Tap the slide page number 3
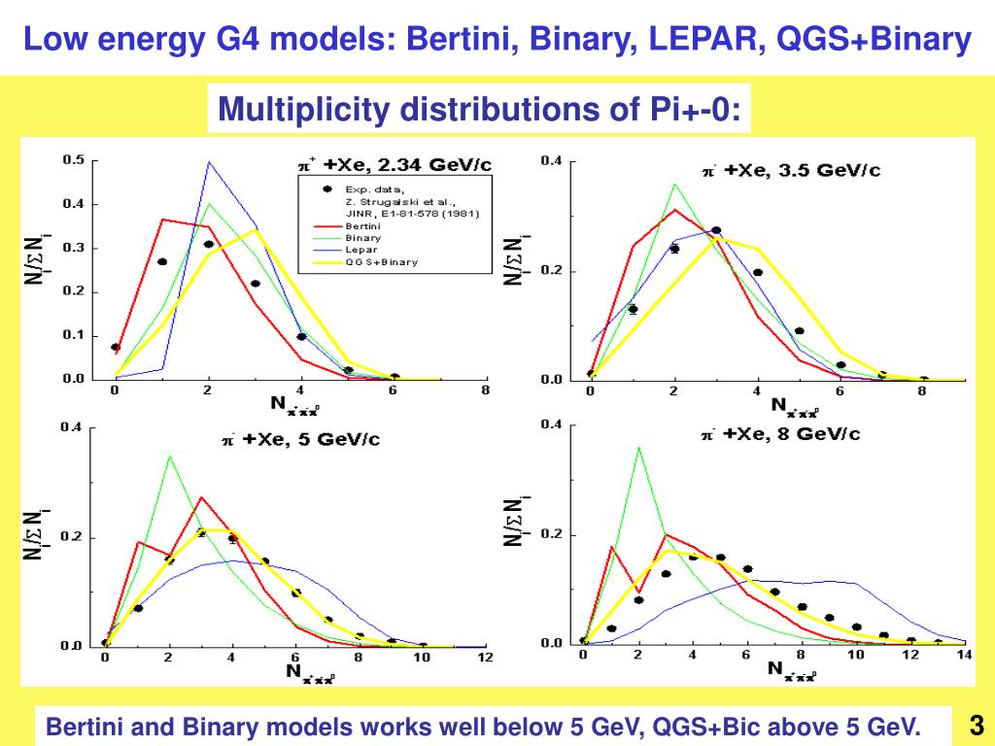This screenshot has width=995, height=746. (976, 725)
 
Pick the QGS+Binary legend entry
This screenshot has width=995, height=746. (380, 262)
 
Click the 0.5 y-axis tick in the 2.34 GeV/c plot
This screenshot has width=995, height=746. (74, 160)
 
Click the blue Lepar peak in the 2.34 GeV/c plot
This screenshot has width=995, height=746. (208, 162)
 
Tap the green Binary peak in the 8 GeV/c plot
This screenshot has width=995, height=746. (638, 447)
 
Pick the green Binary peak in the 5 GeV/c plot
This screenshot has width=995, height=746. (169, 455)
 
